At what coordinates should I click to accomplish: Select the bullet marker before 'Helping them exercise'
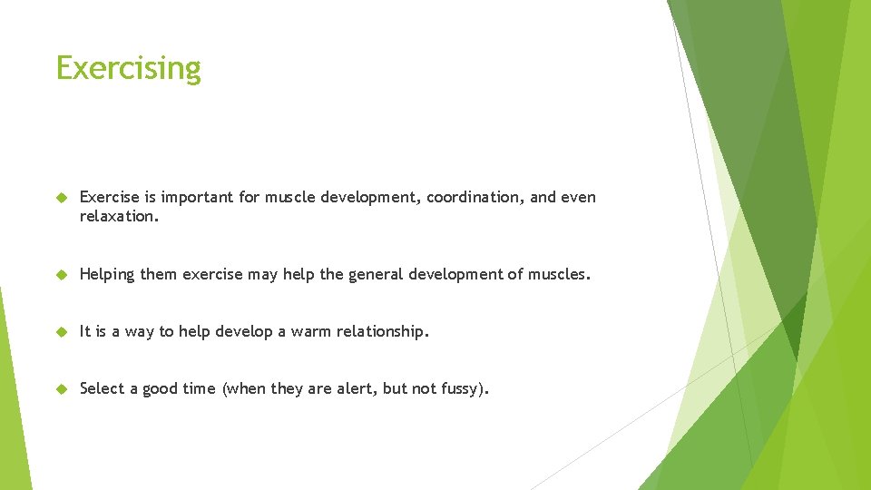[62, 274]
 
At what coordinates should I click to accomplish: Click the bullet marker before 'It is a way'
[62, 332]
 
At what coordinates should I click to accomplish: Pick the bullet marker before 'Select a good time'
[62, 389]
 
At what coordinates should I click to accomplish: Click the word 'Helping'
[107, 274]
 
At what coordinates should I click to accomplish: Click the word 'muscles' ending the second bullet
[556, 274]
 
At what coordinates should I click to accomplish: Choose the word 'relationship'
[381, 332]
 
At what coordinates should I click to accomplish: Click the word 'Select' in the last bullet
[103, 389]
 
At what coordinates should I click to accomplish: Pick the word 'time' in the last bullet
[199, 389]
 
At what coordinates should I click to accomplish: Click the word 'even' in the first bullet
[579, 198]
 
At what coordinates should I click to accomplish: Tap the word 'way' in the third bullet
[140, 332]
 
